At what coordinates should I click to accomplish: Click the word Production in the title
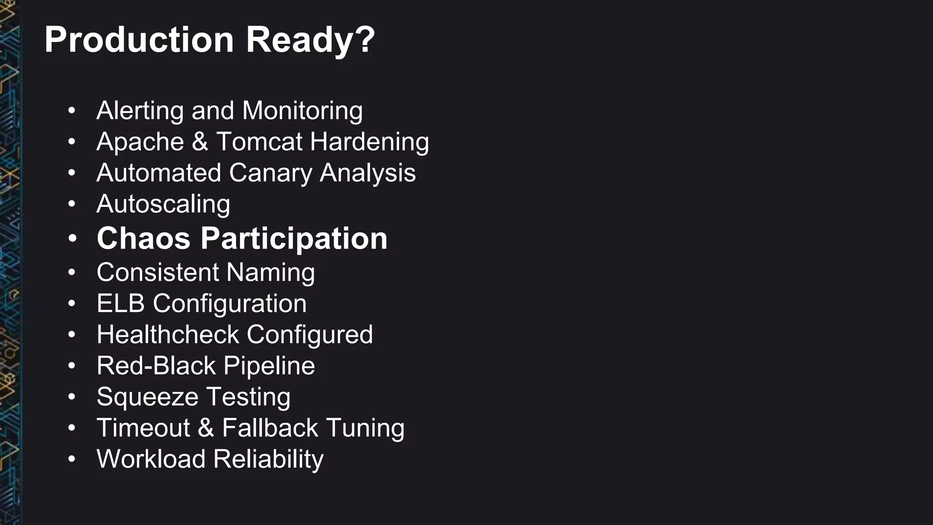(x=139, y=40)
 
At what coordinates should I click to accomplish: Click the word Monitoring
(x=302, y=111)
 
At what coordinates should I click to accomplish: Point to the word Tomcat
(x=259, y=142)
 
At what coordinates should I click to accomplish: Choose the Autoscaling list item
(x=163, y=204)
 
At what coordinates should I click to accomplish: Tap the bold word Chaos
(x=144, y=238)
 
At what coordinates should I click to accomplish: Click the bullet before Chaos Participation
(x=72, y=238)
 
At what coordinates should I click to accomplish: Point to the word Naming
(x=270, y=273)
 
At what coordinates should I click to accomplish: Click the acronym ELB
(x=121, y=304)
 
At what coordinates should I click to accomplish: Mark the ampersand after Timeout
(x=206, y=428)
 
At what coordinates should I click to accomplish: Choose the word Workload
(x=151, y=459)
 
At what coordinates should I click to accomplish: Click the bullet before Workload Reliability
(x=72, y=459)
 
